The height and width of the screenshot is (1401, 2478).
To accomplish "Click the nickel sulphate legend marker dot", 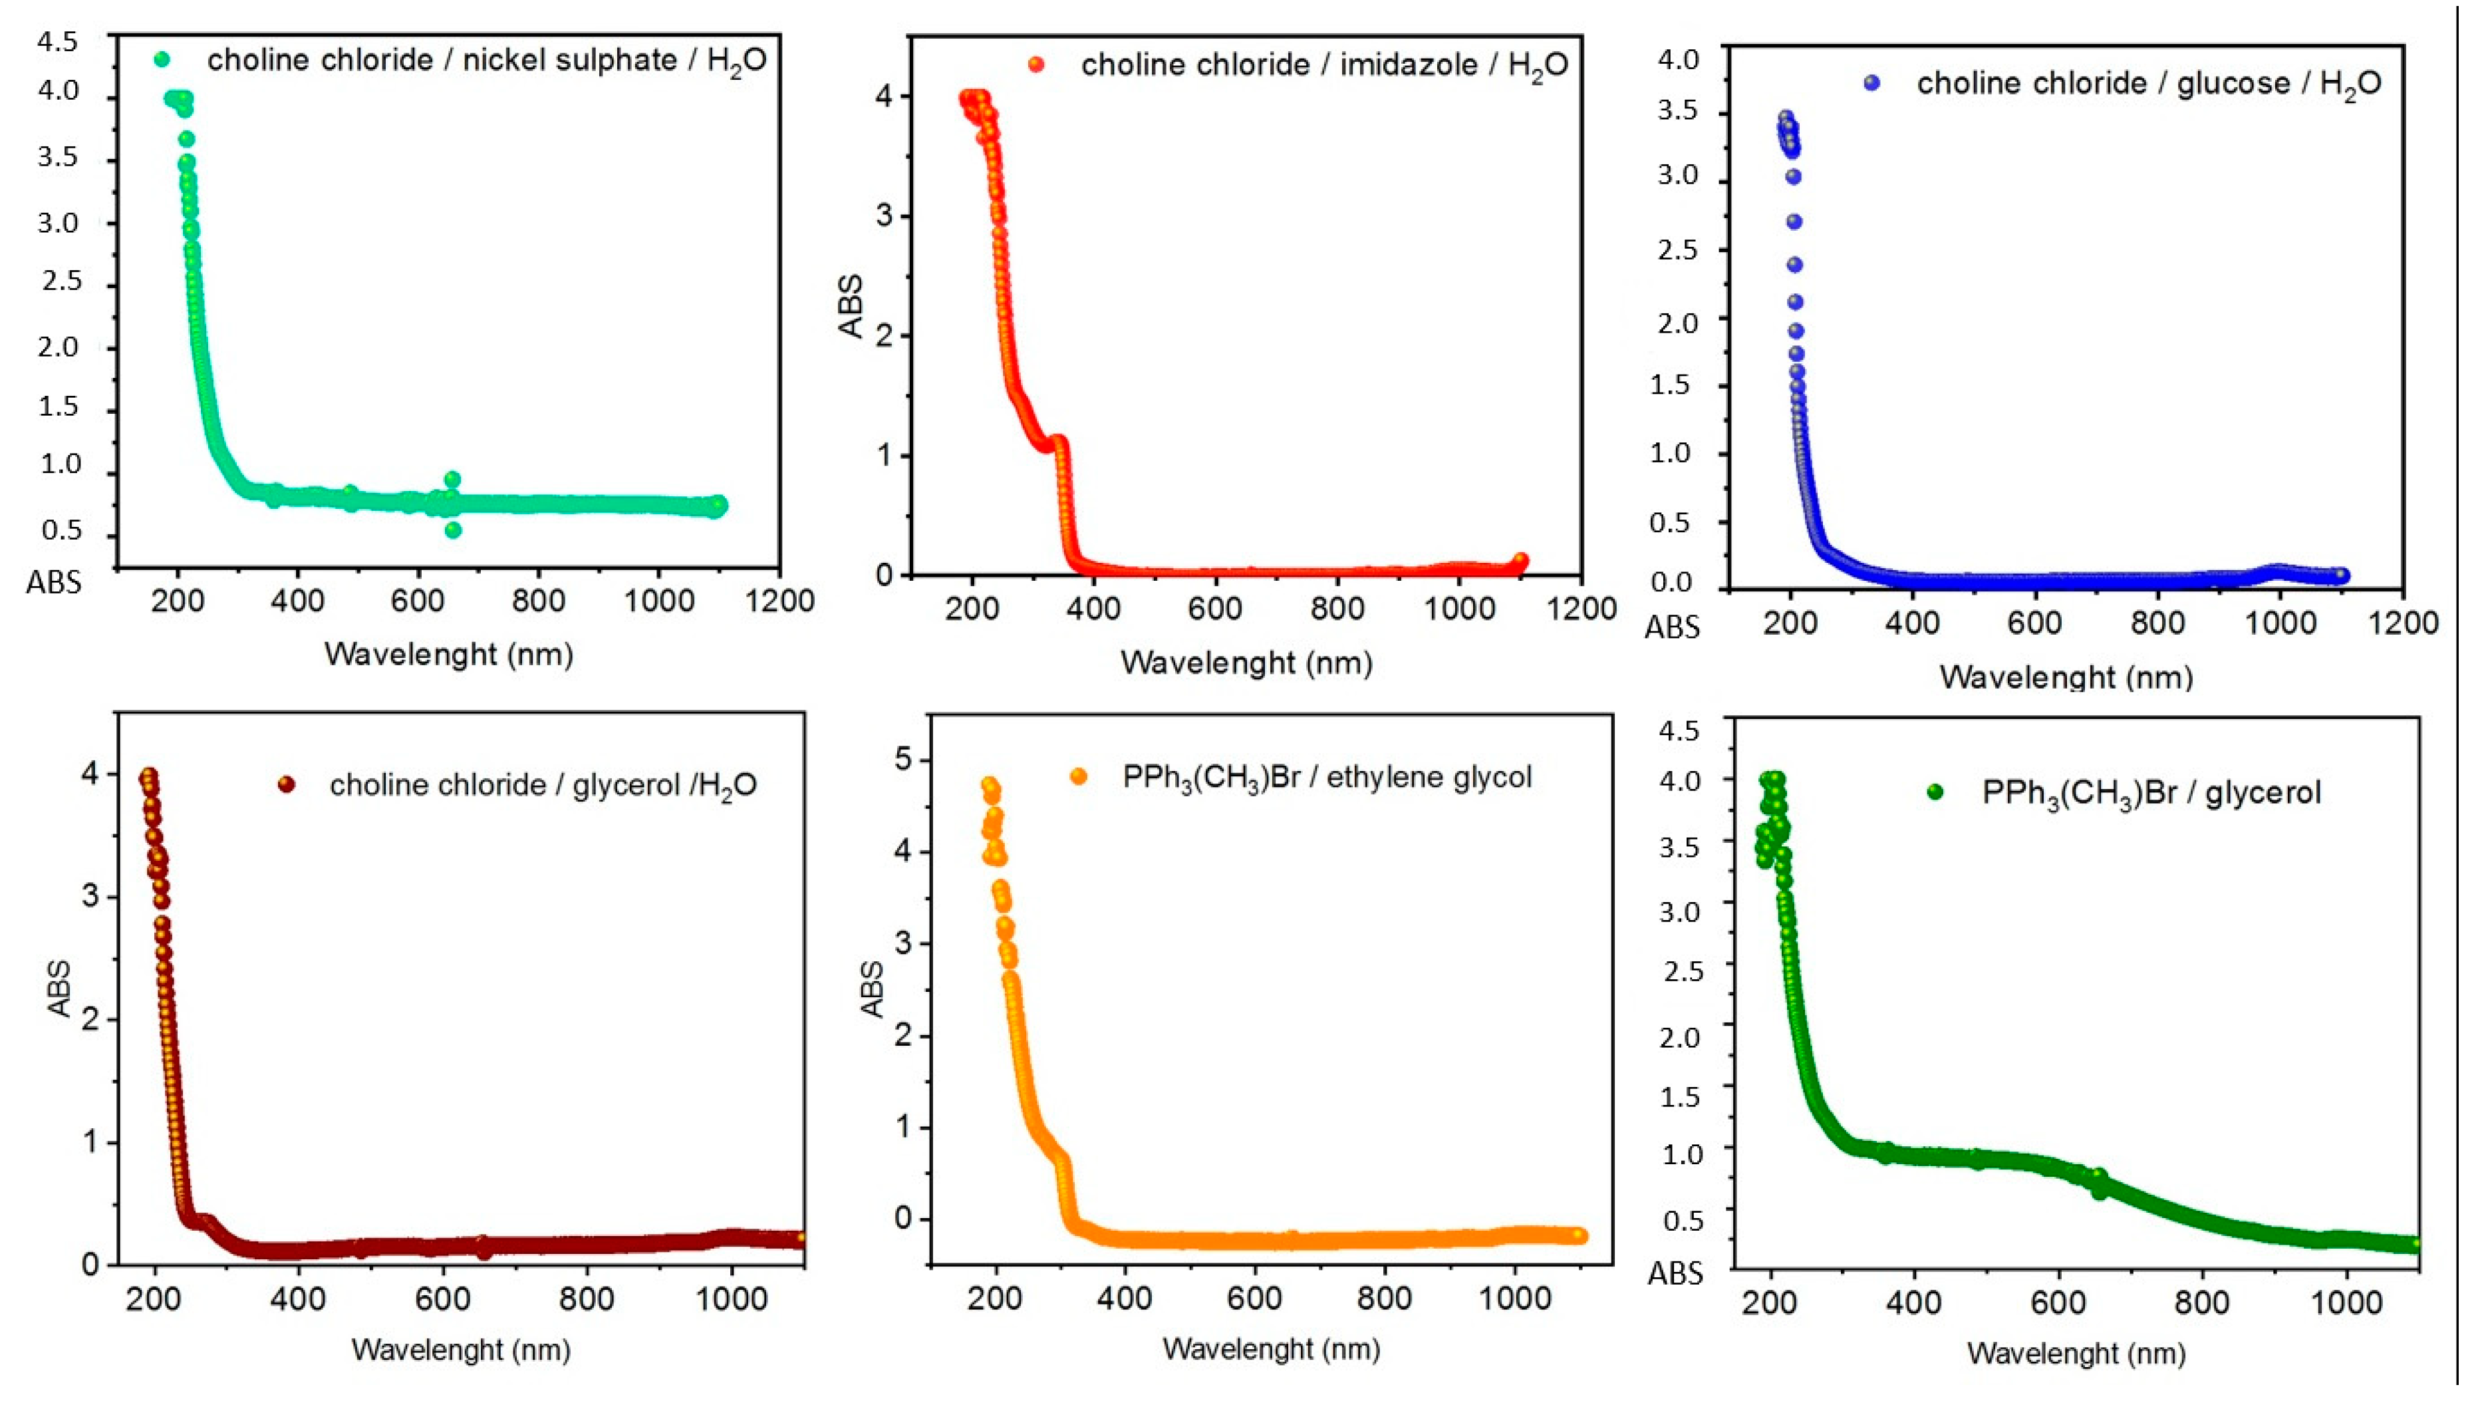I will (162, 60).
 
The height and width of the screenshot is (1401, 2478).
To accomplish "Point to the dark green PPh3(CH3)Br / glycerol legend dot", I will (1935, 792).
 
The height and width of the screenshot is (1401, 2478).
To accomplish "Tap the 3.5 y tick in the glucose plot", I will (1679, 112).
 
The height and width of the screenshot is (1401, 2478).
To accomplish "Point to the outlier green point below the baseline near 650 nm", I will (453, 530).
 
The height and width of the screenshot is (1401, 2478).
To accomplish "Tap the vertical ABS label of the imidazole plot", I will (851, 306).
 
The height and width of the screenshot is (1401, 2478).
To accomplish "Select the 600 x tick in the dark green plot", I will (2058, 1303).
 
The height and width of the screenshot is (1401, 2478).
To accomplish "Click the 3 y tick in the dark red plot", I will (90, 896).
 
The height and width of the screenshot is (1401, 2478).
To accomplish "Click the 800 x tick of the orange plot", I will (1383, 1298).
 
